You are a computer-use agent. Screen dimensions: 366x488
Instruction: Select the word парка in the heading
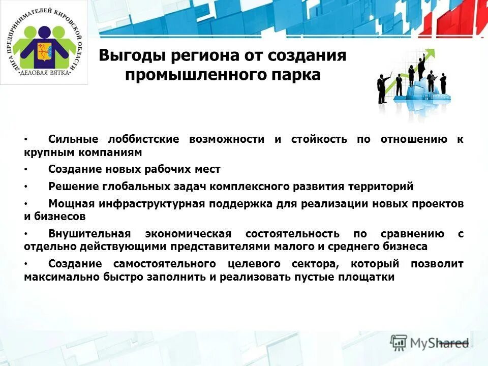tap(296, 75)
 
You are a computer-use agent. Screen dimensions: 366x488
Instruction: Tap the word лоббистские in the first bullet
tap(143, 140)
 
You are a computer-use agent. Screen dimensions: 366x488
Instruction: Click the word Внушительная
tap(89, 234)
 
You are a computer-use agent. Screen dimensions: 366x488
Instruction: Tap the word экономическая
tap(188, 234)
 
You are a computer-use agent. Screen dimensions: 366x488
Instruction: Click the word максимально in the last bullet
tap(56, 277)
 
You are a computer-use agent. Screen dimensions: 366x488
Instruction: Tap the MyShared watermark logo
tap(430, 343)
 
